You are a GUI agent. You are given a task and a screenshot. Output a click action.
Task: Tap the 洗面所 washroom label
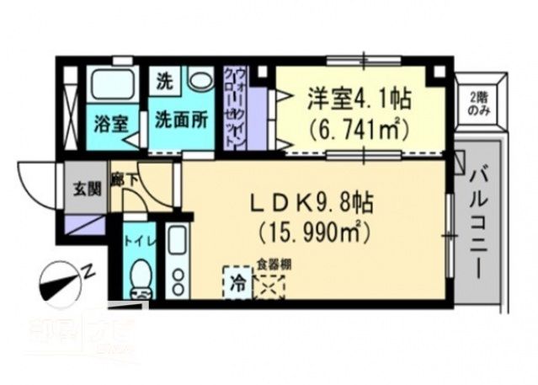(179, 120)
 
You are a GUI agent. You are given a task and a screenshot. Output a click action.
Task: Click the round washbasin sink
(200, 81)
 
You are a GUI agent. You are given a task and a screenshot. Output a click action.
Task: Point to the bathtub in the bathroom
(115, 85)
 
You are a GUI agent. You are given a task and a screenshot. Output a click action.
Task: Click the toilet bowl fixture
(141, 276)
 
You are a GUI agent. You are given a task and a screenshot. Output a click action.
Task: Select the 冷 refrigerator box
(238, 281)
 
